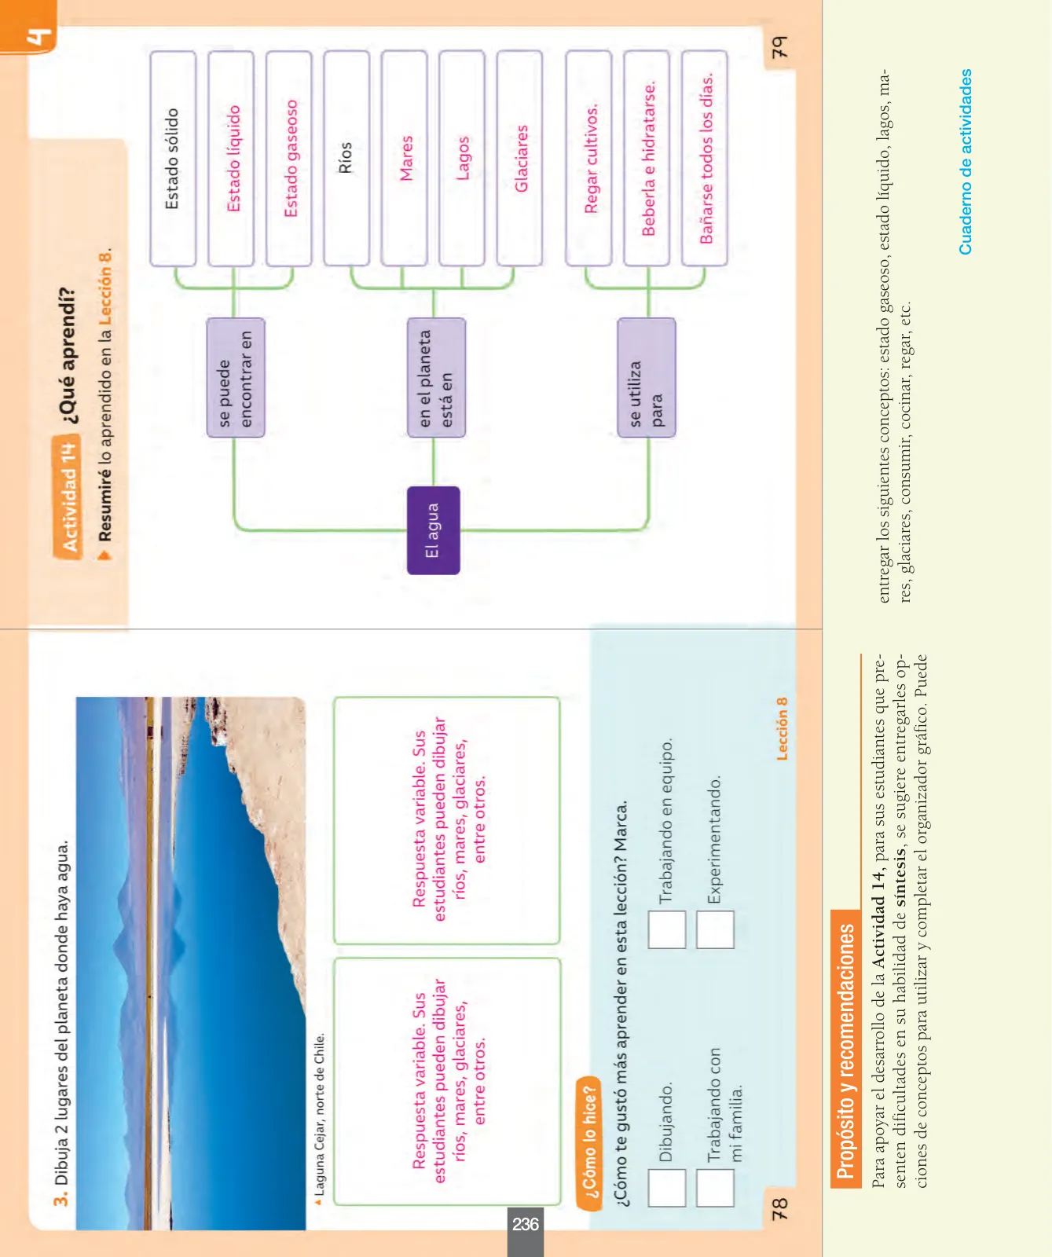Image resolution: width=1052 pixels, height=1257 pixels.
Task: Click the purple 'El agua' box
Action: point(433,530)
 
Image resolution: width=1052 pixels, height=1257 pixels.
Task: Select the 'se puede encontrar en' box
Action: point(236,377)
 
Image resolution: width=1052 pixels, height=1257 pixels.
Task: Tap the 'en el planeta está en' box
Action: point(436,377)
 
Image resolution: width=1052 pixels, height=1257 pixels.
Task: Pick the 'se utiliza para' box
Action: point(646,377)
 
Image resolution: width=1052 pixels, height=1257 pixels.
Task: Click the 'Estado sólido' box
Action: point(173,159)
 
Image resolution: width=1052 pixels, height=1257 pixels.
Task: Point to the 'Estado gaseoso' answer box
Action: point(289,159)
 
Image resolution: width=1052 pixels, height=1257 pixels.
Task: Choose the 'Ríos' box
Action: point(346,159)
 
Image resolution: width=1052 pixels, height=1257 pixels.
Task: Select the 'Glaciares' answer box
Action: point(519,159)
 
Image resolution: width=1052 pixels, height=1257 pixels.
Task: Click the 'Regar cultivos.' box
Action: point(588,159)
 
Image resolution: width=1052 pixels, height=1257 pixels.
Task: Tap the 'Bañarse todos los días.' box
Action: point(705,159)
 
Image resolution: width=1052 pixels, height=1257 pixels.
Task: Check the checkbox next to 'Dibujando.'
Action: point(667,1188)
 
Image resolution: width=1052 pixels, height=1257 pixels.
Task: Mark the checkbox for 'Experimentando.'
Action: point(715,929)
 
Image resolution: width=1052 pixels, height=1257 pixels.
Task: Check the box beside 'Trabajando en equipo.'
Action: point(667,929)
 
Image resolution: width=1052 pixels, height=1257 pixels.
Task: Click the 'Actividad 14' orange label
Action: point(68,497)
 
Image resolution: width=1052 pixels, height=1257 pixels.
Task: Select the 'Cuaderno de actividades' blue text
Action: point(966,162)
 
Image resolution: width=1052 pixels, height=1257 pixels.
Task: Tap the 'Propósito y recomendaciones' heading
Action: point(845,1052)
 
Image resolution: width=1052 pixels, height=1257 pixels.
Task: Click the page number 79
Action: point(779,47)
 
